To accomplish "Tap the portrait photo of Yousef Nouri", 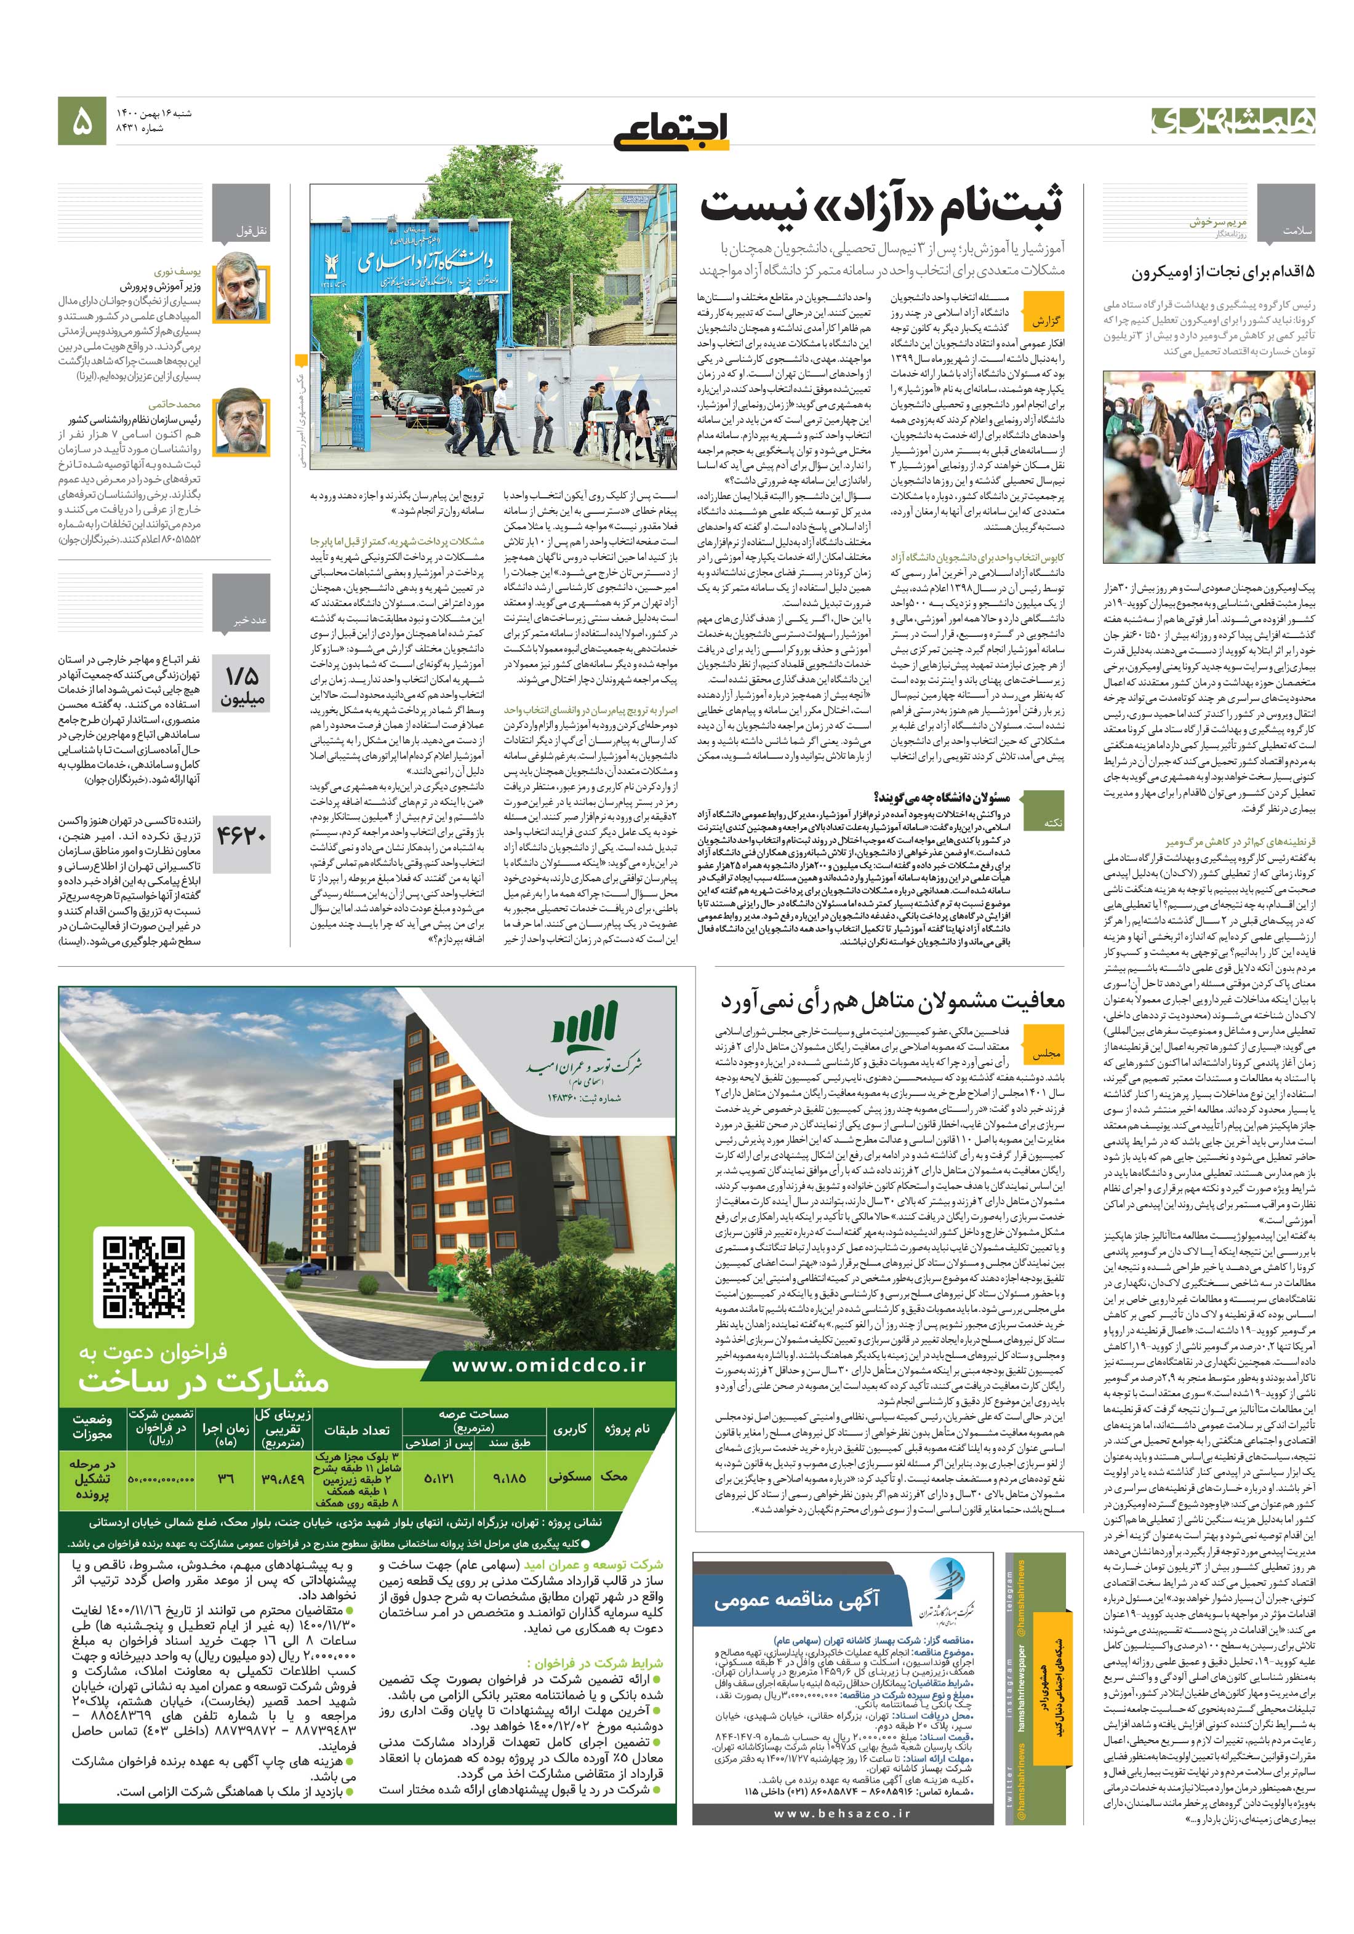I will click(242, 292).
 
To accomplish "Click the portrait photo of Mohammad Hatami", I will click(242, 423).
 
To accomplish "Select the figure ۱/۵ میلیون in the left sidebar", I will click(242, 687).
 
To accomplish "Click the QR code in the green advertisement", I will click(144, 1277).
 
